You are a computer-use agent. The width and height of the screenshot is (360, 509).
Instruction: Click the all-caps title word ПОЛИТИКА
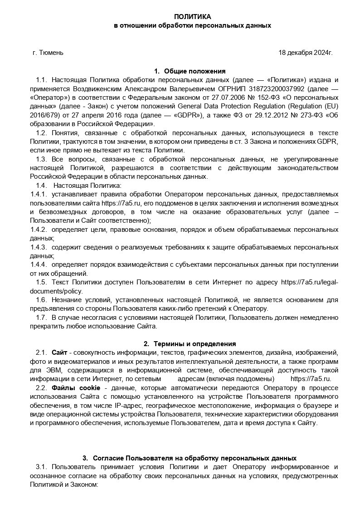(192, 17)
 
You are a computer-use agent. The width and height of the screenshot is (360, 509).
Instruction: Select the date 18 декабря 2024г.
(305, 53)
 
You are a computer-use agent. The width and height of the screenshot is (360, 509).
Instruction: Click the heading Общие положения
(195, 71)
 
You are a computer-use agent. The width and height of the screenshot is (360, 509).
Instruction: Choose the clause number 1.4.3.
(39, 247)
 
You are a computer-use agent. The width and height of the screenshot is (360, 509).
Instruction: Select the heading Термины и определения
(195, 344)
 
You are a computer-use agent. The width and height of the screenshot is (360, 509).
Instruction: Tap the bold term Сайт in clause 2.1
(59, 352)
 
